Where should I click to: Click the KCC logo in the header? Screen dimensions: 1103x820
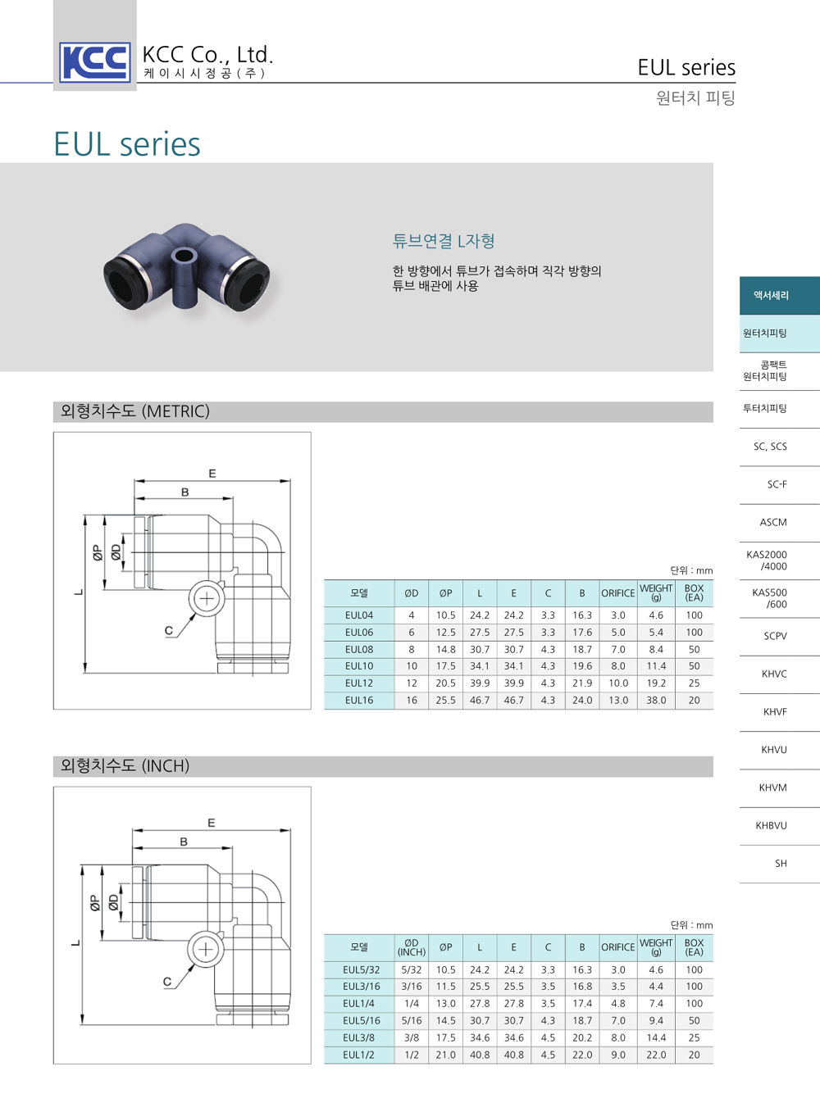click(95, 62)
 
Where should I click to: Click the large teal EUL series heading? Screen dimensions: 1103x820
click(127, 144)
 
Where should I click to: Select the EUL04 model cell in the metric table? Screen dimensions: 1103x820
click(359, 615)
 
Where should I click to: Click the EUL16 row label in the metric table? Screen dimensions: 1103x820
click(359, 701)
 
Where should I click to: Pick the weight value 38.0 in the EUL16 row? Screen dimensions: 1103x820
click(656, 701)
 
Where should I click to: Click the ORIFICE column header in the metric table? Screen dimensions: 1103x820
click(617, 593)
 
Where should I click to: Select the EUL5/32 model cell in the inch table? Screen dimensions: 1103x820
click(361, 970)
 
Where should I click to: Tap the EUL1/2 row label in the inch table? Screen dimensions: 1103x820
click(358, 1055)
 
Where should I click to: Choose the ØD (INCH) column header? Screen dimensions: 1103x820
click(412, 948)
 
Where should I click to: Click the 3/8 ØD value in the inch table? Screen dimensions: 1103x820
click(412, 1038)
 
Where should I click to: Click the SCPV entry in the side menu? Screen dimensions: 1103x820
click(775, 636)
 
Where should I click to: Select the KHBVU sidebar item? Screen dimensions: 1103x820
click(772, 826)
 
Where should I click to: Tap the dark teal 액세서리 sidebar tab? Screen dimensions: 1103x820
click(772, 295)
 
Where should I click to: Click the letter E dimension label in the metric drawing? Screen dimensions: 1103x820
click(212, 474)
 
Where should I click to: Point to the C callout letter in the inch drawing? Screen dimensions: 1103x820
click(167, 982)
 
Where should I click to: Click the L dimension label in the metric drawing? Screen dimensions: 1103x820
click(79, 592)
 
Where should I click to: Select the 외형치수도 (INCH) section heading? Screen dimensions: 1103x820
click(125, 766)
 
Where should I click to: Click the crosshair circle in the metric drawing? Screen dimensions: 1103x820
click(207, 599)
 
